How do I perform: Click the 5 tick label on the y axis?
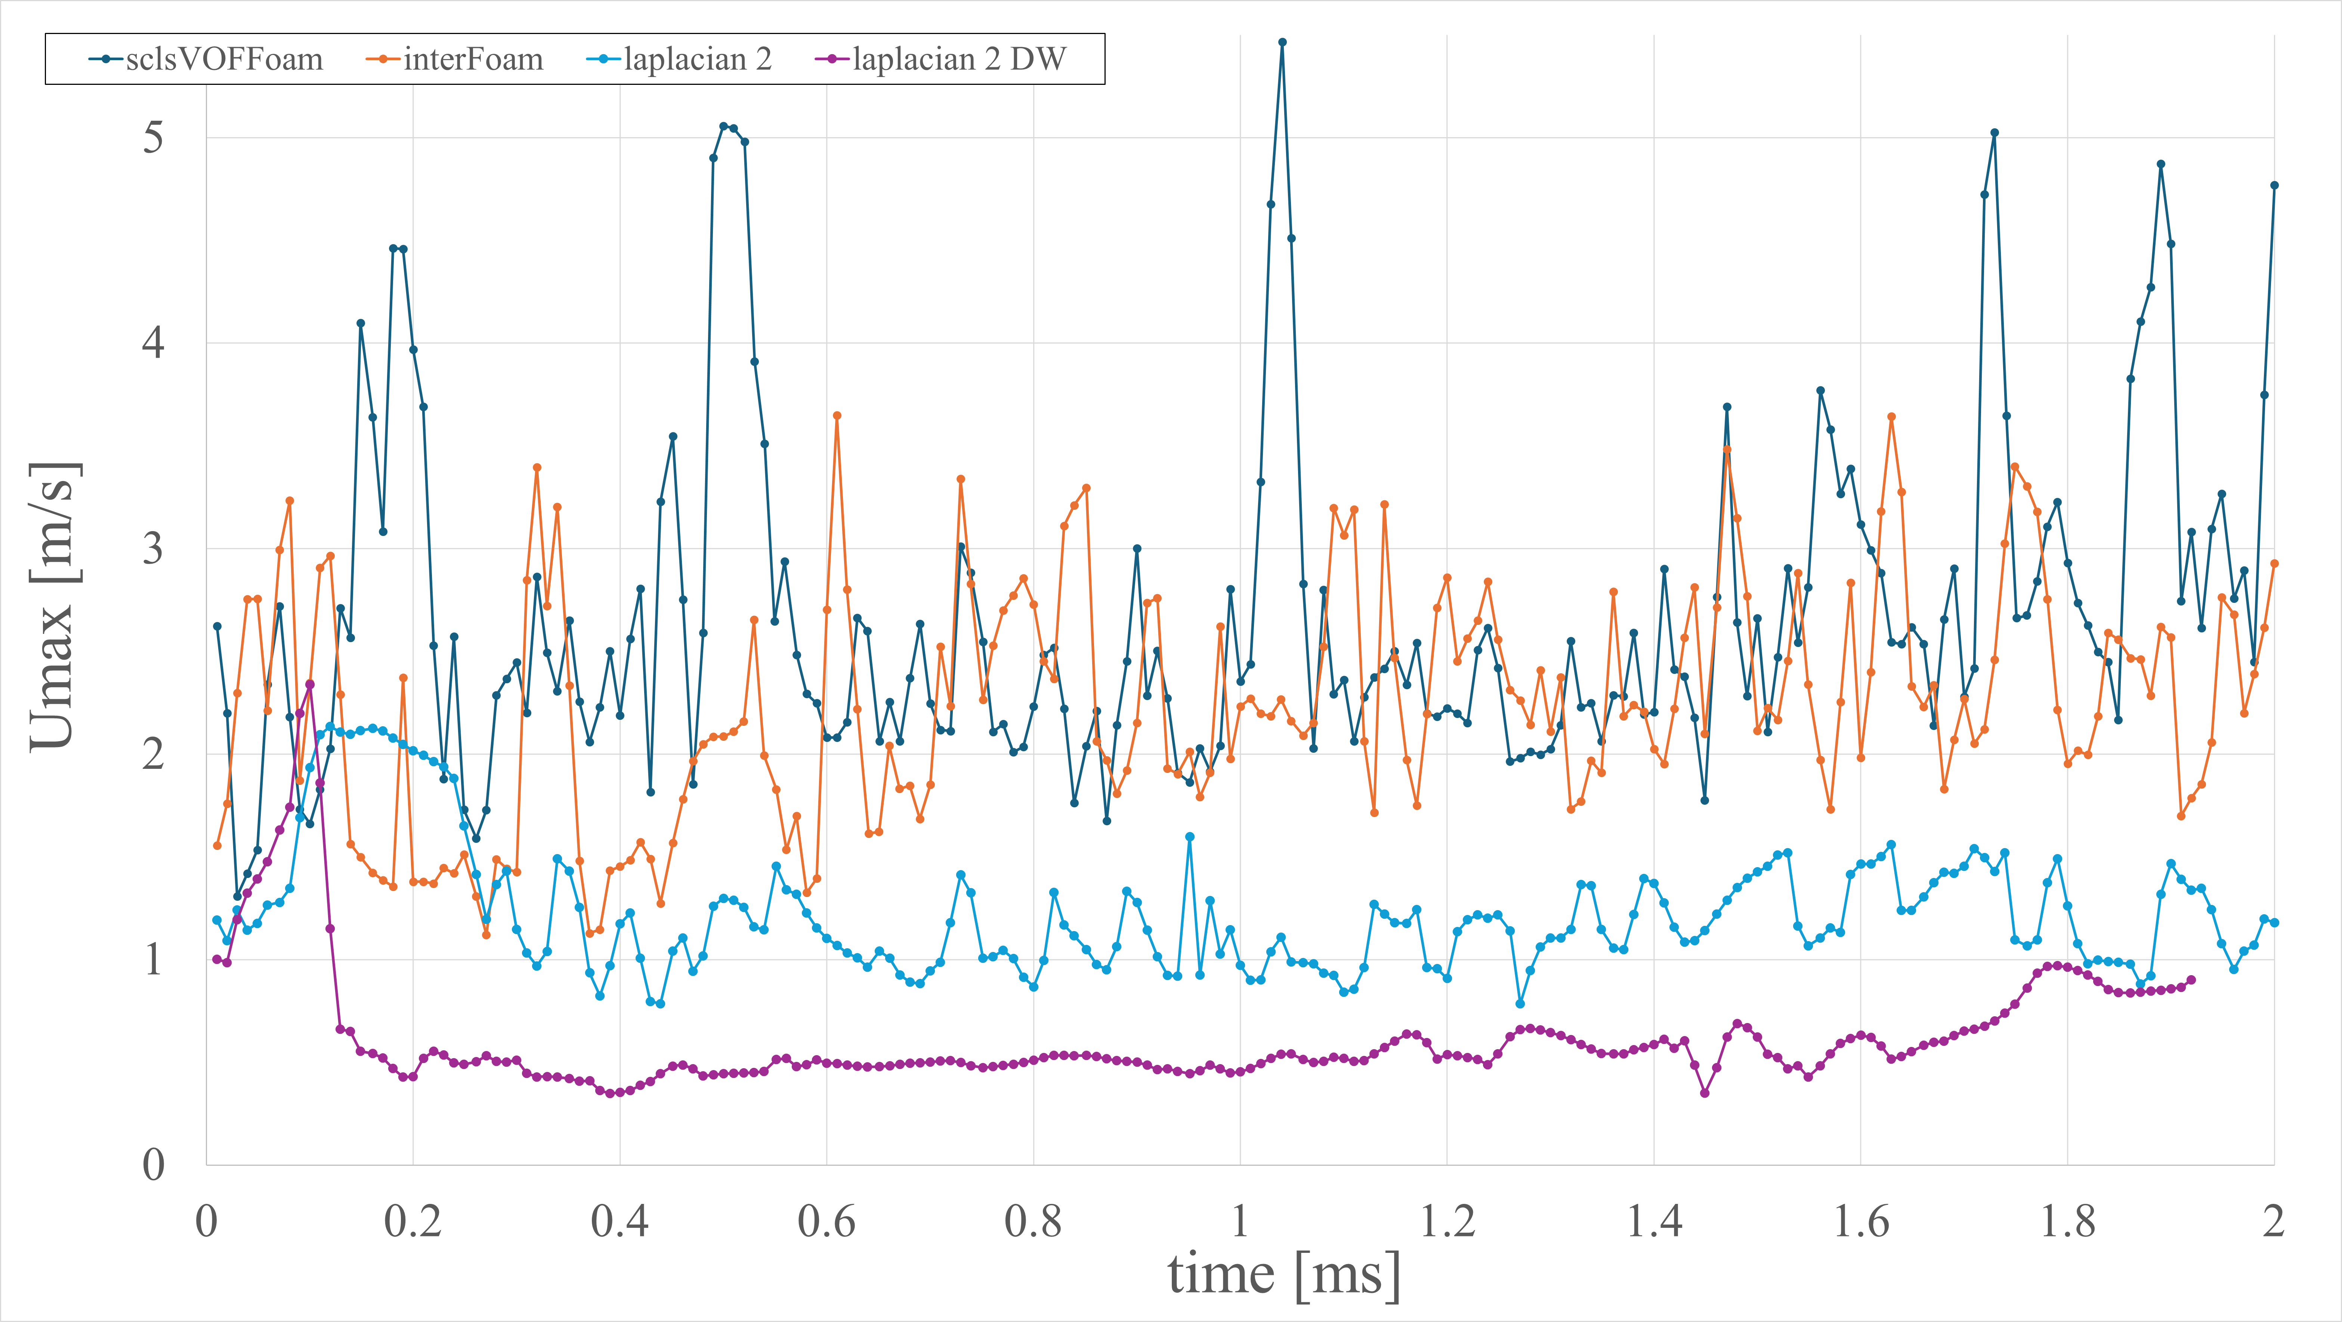point(153,138)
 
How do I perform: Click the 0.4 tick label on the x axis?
point(619,1221)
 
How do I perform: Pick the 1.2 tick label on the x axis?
point(1446,1221)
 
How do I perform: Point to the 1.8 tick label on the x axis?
point(2067,1221)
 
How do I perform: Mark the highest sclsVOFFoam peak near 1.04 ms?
point(1282,42)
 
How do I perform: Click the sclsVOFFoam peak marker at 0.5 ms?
point(724,126)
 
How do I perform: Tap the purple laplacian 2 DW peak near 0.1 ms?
point(310,684)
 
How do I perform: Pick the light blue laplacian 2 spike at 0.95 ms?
point(1189,836)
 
